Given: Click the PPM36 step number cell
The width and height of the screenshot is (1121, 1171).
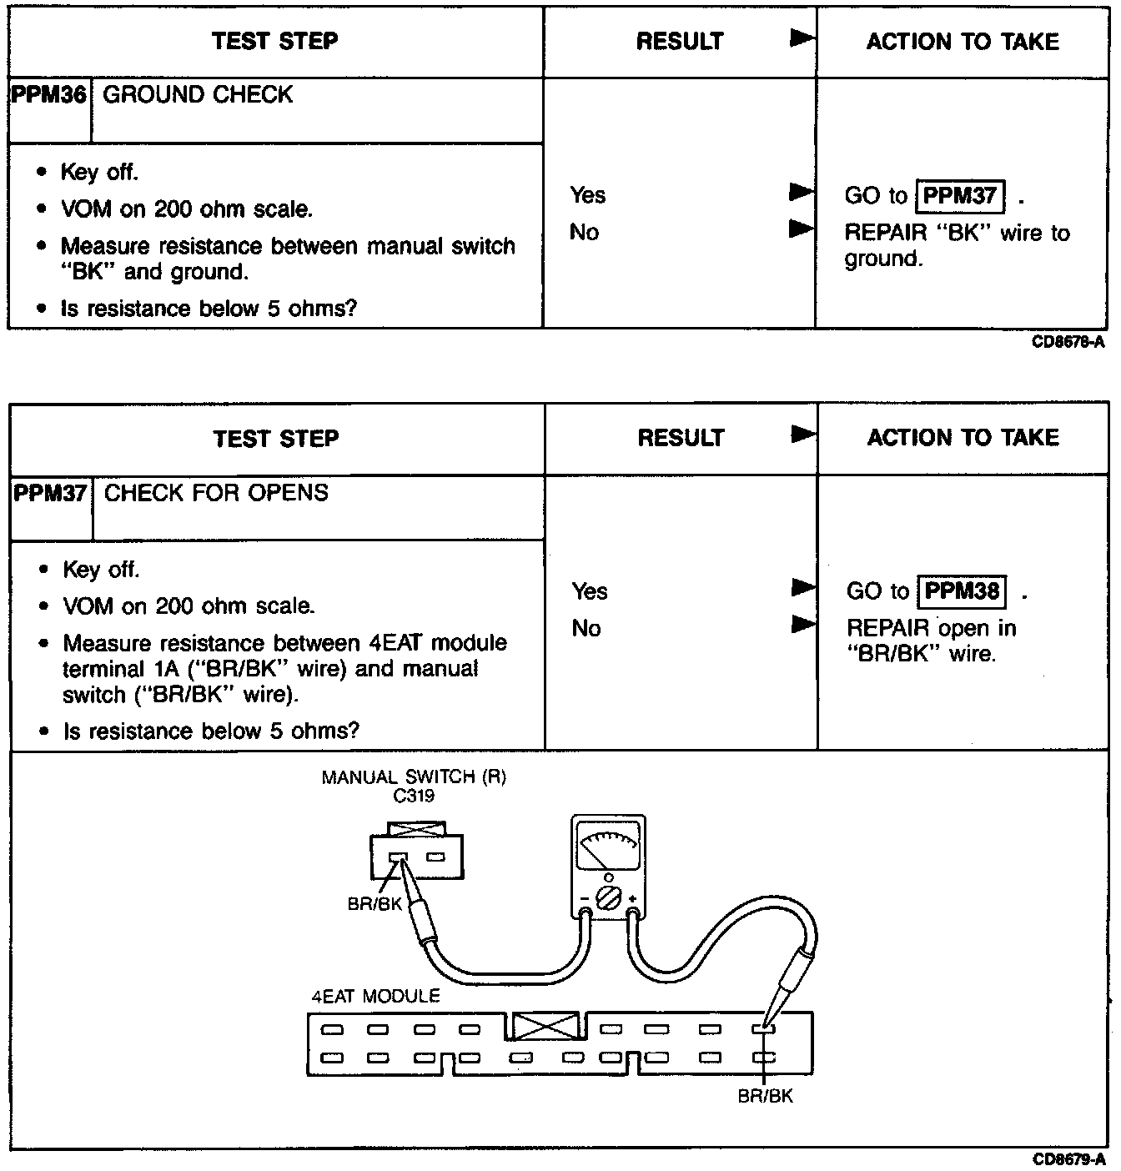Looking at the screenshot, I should pos(49,95).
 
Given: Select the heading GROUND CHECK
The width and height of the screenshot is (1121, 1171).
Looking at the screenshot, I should pos(198,95).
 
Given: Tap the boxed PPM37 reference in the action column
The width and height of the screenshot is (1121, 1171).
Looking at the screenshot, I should pos(960,196).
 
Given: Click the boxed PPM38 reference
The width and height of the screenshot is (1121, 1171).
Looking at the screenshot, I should pos(962,591).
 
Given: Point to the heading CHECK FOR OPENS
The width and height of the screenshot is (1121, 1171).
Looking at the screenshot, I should pos(216,493).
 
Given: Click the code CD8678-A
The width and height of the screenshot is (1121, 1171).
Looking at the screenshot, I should pos(1068,343).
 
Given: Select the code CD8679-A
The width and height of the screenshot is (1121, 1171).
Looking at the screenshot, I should pos(1068,1159).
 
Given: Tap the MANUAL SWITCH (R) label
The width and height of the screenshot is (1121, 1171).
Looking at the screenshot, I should pos(414,777).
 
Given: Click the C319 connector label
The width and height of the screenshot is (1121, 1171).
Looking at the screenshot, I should pos(414,796).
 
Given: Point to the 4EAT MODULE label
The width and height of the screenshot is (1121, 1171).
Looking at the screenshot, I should pos(375,997).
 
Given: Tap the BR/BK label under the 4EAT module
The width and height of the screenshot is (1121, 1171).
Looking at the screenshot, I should pos(765,1096).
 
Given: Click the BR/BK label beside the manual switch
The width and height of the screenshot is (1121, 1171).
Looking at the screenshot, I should pos(375,904).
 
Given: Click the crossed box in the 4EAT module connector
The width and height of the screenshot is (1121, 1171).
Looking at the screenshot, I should pos(545,1027).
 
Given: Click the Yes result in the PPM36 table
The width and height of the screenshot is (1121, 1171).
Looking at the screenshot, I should pos(588,195).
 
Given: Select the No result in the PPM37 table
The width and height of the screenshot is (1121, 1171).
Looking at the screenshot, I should pos(586,628).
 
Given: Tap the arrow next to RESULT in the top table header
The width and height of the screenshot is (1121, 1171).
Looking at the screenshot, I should pos(802,38).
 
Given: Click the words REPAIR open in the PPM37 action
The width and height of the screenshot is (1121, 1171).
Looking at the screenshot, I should pos(931,628).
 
